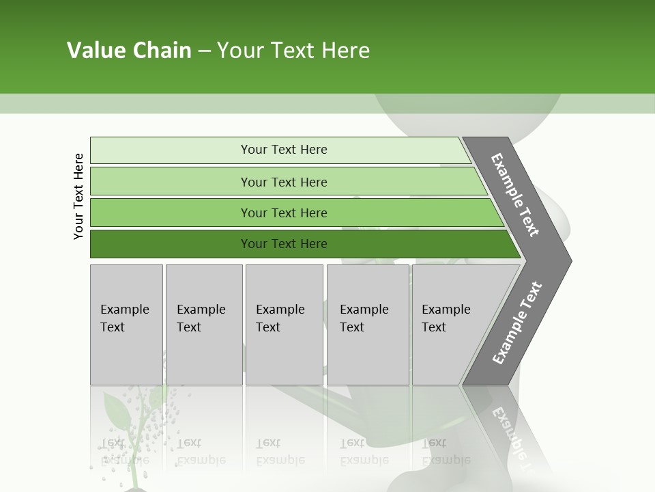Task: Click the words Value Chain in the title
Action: pos(129,51)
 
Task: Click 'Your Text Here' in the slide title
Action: pos(293,51)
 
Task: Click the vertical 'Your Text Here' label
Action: pos(78,196)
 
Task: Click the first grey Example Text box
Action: pos(126,325)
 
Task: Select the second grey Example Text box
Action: pos(203,325)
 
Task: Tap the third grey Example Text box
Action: pos(284,325)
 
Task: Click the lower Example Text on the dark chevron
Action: pos(516,323)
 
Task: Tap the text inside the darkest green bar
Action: pos(284,244)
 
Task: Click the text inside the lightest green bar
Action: pos(284,150)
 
